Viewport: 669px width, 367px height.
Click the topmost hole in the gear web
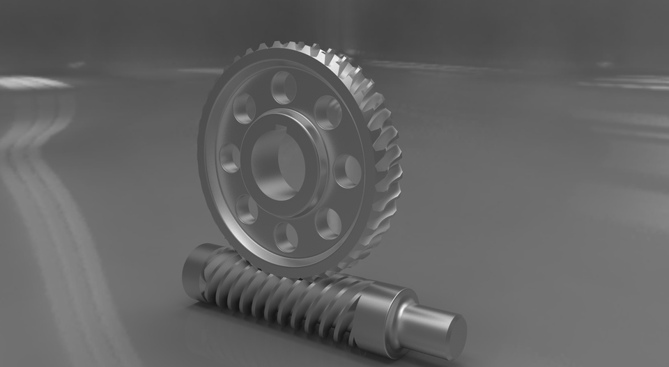pyautogui.click(x=284, y=88)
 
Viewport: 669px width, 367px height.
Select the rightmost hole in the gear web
pyautogui.click(x=346, y=171)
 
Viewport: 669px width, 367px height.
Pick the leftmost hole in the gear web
pyautogui.click(x=229, y=158)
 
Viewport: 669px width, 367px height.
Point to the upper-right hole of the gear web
pyautogui.click(x=328, y=111)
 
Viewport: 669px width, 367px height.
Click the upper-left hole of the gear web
pyautogui.click(x=244, y=108)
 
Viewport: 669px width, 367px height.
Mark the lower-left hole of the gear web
pyautogui.click(x=246, y=208)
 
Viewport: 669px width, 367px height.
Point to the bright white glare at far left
pyautogui.click(x=31, y=83)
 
